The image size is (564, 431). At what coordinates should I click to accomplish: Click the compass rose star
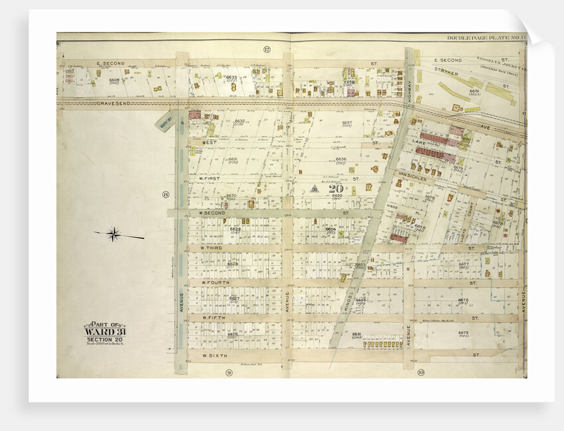[114, 233]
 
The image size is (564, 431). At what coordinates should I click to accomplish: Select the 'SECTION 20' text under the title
[104, 340]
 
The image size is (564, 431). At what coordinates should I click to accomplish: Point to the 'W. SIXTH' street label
[214, 356]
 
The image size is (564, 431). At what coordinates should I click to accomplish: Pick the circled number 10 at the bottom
[421, 373]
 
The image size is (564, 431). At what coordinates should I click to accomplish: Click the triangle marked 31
[315, 188]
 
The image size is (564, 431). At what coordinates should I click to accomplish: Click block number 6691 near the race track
[474, 91]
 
